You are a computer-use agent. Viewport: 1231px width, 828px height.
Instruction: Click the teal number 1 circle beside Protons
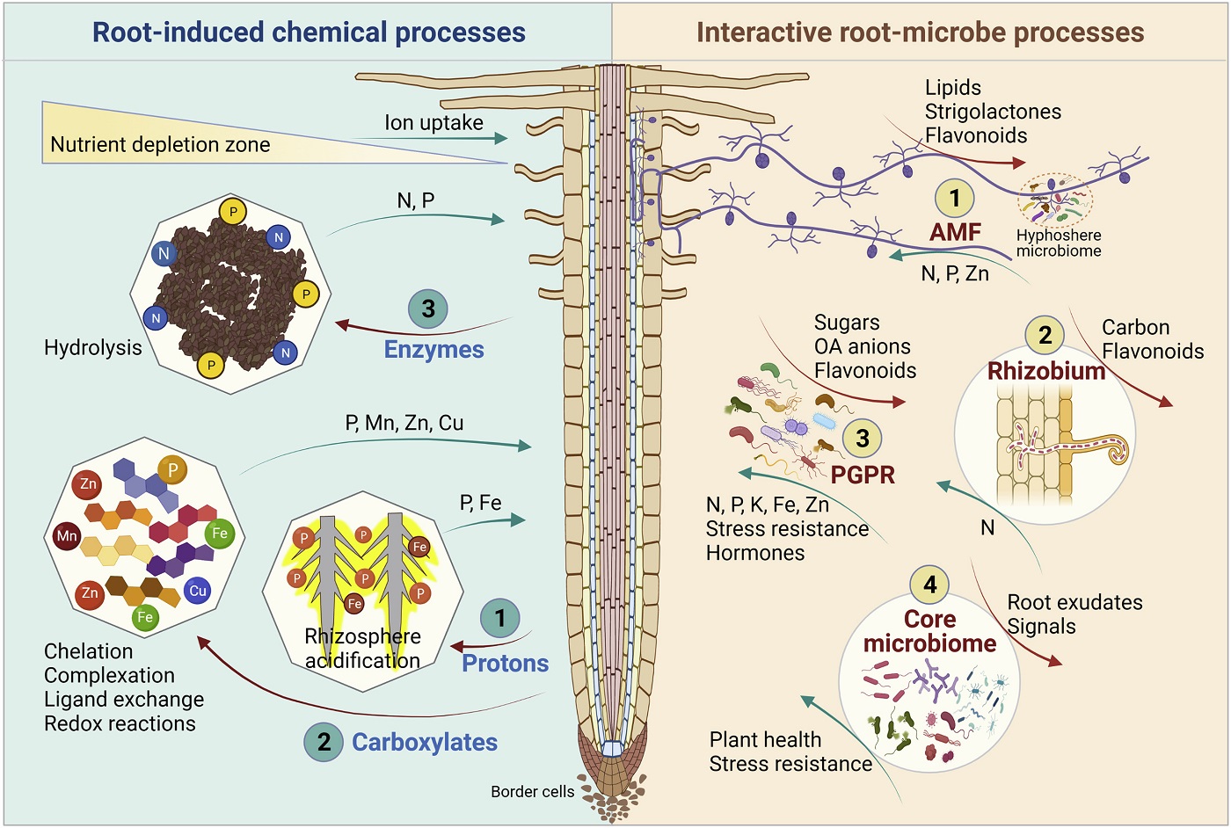500,618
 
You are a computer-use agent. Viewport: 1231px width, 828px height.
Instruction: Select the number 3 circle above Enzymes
428,309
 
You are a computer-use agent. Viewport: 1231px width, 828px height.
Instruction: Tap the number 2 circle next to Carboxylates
324,742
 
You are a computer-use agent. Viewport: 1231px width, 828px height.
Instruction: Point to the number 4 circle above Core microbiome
929,585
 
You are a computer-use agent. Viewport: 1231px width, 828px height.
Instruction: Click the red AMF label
955,232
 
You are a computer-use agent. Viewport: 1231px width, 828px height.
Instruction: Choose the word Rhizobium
1046,370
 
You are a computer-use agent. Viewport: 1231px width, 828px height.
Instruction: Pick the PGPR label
863,475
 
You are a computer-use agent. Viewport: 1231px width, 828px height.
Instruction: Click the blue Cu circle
198,591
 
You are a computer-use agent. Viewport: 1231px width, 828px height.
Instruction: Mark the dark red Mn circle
67,535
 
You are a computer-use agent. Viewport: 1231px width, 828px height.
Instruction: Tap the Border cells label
532,791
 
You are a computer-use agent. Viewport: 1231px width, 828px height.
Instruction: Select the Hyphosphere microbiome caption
1059,243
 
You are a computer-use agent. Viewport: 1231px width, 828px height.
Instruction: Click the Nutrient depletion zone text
160,145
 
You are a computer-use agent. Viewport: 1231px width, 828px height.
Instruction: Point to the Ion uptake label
433,123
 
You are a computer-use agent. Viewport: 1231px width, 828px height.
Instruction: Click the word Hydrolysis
92,348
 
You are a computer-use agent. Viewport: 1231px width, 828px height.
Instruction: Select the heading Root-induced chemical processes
309,33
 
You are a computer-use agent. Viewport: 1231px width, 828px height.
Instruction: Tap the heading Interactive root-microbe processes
920,33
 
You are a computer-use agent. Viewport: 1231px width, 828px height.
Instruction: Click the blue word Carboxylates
425,742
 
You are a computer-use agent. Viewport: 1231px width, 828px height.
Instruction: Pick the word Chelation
89,651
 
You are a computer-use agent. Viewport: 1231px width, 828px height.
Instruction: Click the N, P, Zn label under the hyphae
954,274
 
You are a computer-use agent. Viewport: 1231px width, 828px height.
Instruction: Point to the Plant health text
765,740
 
